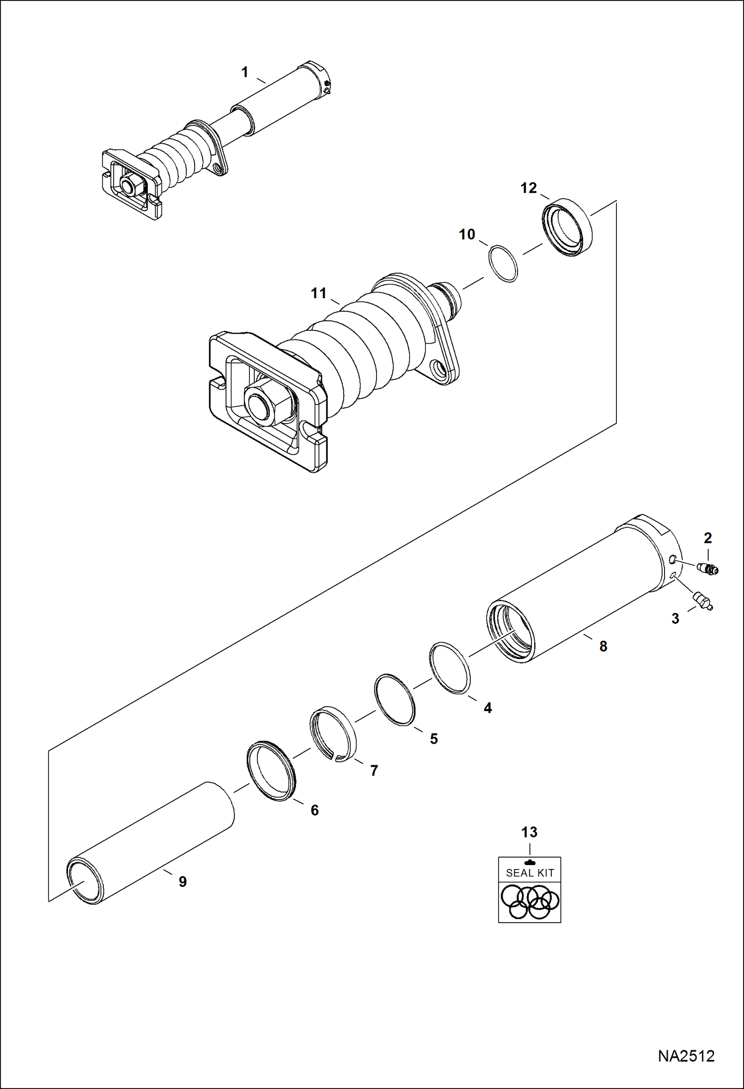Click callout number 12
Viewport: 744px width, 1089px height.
528,188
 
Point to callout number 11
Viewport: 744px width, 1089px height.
318,293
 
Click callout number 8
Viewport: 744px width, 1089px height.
603,646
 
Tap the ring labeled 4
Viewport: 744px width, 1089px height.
450,668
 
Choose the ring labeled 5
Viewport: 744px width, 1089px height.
395,699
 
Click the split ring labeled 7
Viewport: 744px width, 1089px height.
333,733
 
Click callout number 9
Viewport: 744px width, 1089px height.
182,882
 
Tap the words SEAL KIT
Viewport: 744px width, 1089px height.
529,873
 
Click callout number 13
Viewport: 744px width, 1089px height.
529,832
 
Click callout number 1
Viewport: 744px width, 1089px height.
244,73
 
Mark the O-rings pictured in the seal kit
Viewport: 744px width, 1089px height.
529,901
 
